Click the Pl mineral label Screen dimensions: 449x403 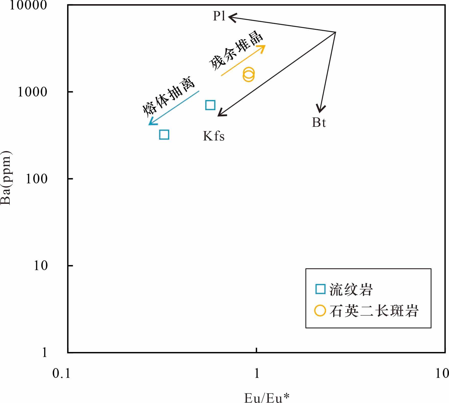tap(219, 16)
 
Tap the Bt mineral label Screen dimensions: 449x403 tap(319, 123)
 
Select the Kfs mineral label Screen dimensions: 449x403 tap(214, 136)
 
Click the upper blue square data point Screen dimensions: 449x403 tap(210, 105)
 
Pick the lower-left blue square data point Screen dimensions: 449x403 tap(164, 134)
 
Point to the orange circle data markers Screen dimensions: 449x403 tap(248, 74)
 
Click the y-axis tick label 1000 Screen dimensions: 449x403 tap(32, 92)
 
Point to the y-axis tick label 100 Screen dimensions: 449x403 tap(37, 179)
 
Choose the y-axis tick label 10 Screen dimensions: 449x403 tap(41, 266)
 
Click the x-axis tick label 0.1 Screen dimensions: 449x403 tap(61, 374)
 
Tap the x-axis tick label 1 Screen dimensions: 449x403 tap(257, 374)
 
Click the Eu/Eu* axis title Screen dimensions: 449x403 tap(267, 398)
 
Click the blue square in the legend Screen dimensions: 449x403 tap(320, 289)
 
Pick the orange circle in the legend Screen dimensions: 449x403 tap(320, 311)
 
